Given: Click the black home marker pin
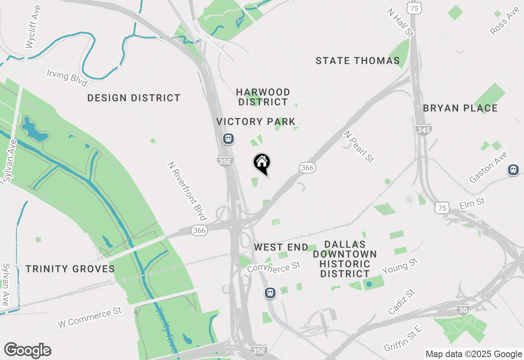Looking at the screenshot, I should [x=262, y=162].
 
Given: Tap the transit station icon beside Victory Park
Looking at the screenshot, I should [x=228, y=139].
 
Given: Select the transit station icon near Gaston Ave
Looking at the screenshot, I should [x=513, y=169].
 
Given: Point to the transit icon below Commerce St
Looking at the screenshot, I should [x=269, y=292].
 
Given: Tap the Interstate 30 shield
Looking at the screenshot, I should [x=463, y=310].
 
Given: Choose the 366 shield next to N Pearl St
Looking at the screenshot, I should [x=307, y=168].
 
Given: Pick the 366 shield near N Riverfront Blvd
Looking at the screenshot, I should [x=199, y=230].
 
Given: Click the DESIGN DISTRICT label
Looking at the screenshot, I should [x=134, y=98].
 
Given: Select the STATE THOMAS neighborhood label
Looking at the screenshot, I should [x=358, y=61].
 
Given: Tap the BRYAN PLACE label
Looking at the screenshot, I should [x=460, y=108].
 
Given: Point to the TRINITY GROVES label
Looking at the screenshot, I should [x=70, y=269].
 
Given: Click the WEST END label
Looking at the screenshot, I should [x=281, y=247].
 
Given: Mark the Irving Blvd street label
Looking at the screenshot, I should [x=67, y=78].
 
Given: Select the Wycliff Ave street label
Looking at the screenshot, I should [x=33, y=27].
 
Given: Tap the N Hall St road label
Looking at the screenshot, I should [x=400, y=22].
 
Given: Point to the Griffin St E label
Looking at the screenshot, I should [x=403, y=338].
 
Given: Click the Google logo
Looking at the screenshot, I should [x=27, y=351].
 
